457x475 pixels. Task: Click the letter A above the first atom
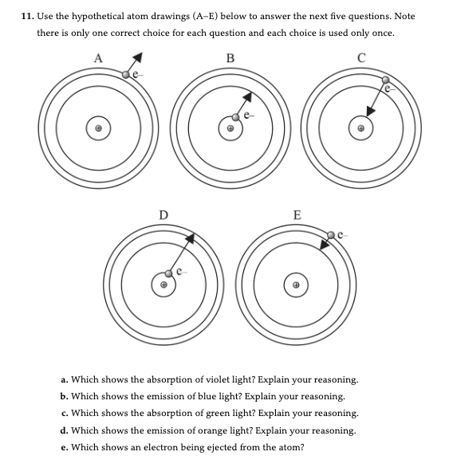pos(99,57)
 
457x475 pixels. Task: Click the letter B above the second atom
pos(230,57)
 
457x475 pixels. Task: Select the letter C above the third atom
pos(362,57)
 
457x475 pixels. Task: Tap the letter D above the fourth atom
pos(164,214)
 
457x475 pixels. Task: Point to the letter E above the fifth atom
pos(297,214)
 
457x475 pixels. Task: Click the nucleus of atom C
pos(362,128)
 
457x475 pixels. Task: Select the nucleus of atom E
pos(297,285)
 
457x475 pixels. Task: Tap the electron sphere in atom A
pos(126,73)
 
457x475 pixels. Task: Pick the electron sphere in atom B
pos(237,116)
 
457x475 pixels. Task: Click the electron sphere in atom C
pos(386,80)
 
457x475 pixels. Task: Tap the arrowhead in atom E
pos(324,245)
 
